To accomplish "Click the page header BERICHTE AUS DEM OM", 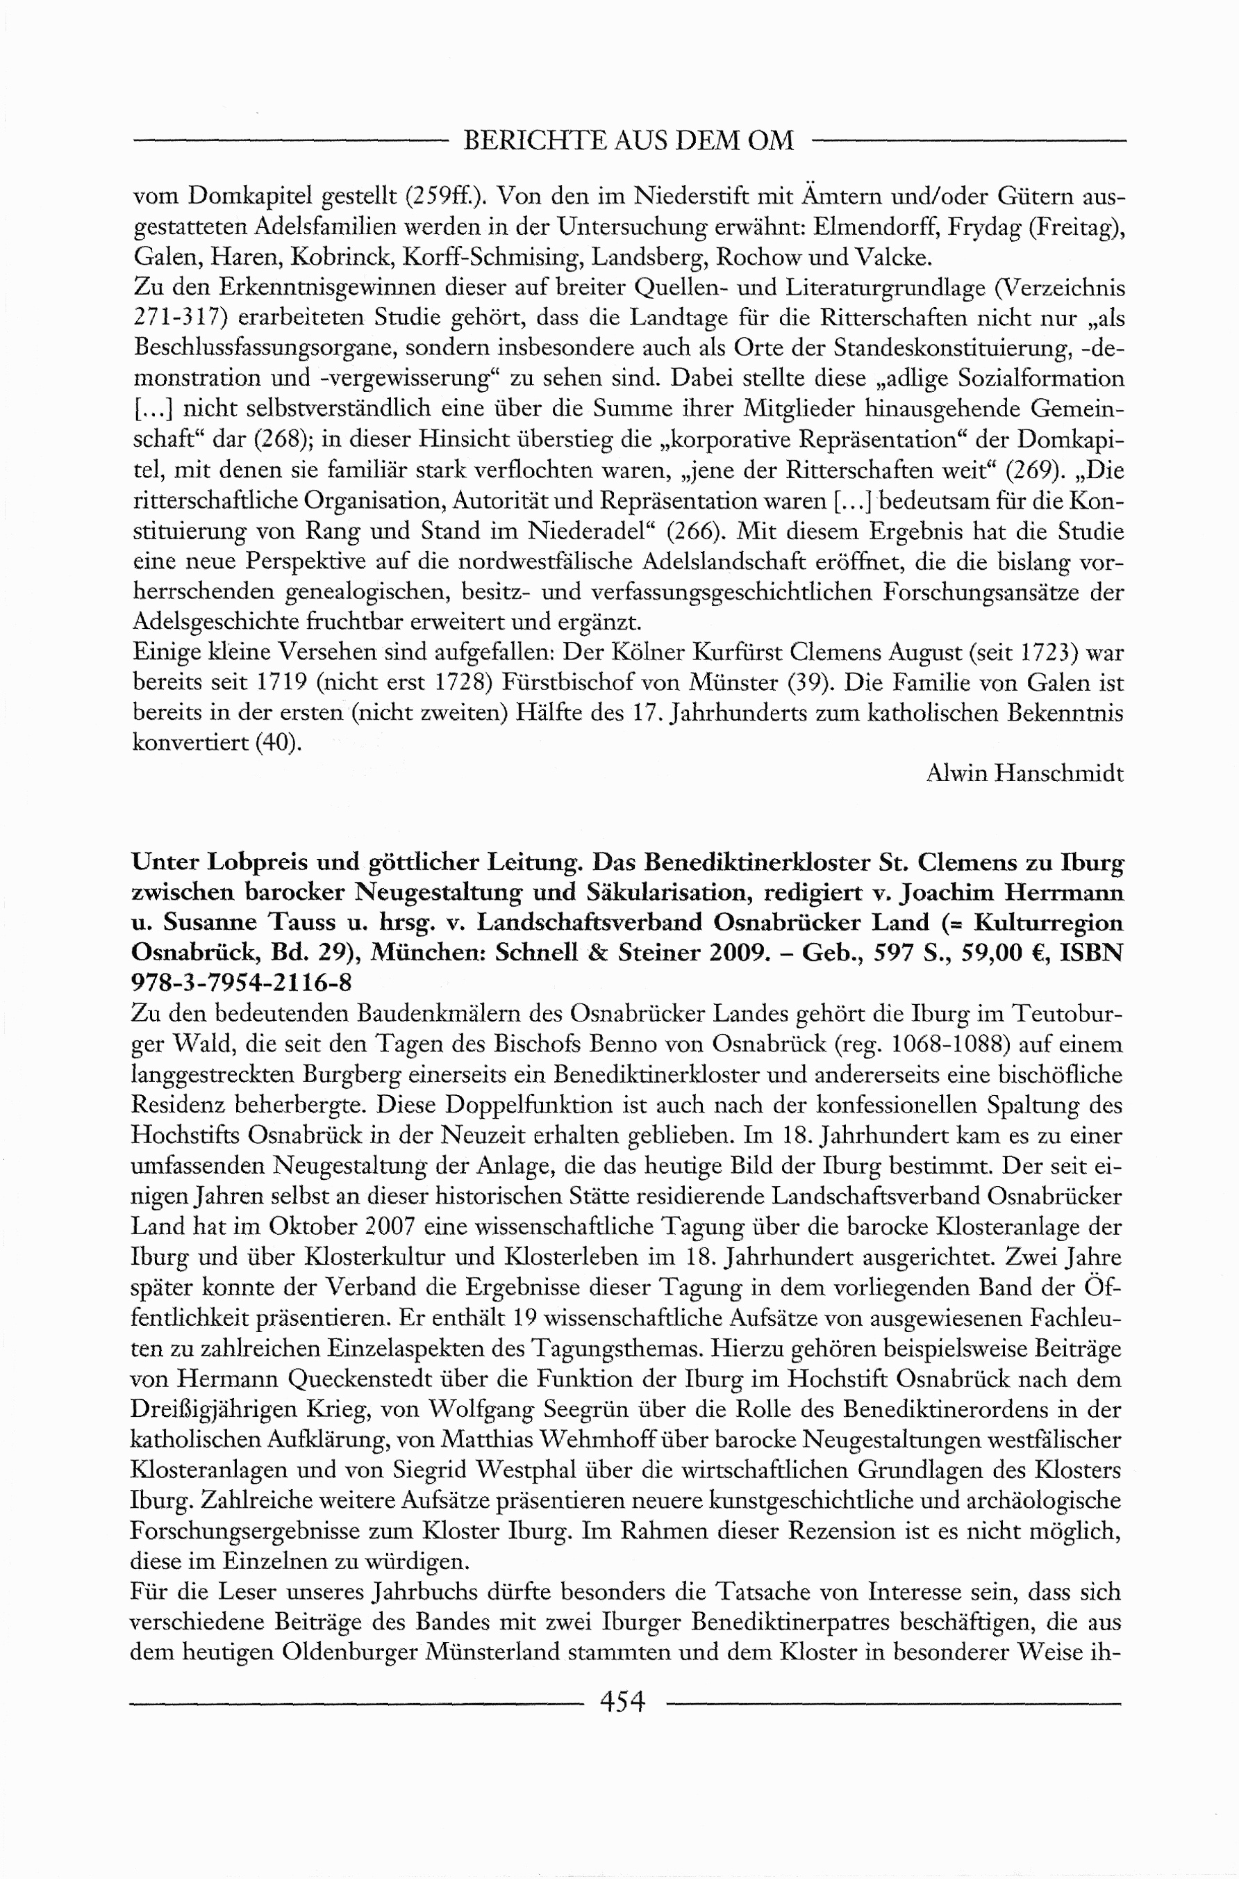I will coord(629,140).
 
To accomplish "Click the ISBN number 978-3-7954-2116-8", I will coord(242,983).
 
